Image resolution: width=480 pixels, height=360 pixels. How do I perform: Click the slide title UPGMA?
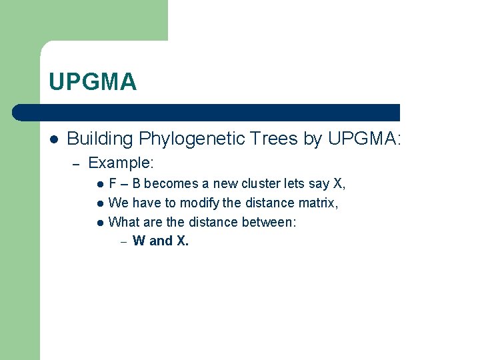(x=93, y=82)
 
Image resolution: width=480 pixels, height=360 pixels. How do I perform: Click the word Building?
(x=100, y=139)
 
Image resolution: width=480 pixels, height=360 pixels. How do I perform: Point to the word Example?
(x=121, y=162)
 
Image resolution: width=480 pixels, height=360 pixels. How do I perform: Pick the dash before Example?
(x=76, y=163)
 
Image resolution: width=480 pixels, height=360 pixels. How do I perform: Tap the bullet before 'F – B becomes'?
(x=99, y=184)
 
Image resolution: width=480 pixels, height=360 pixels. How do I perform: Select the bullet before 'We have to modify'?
(x=99, y=203)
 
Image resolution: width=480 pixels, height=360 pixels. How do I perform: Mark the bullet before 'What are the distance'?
(x=99, y=223)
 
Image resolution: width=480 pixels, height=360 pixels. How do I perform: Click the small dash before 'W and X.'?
(x=123, y=241)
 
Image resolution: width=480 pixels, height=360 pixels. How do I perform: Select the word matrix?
(x=320, y=203)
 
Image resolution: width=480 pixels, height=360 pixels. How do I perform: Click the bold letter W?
(x=139, y=241)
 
